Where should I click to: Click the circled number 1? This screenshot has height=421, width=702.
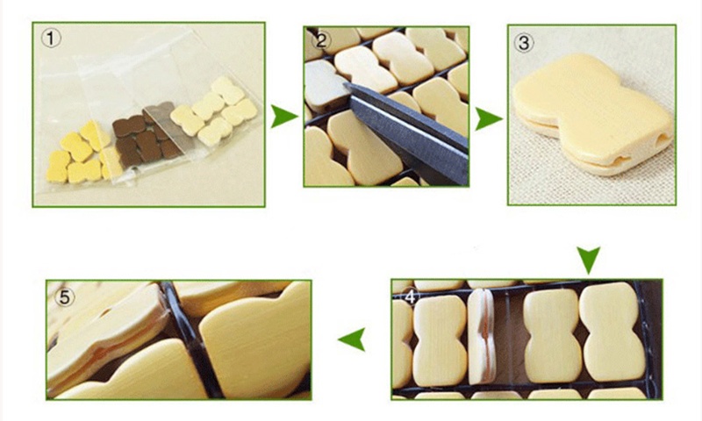(x=51, y=39)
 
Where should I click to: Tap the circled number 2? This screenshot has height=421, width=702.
(x=321, y=40)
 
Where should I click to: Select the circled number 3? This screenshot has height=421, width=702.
(x=524, y=42)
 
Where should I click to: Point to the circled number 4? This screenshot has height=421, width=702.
(x=411, y=296)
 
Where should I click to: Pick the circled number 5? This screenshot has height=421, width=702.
(x=64, y=297)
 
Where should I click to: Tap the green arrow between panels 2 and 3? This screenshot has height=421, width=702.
(x=488, y=118)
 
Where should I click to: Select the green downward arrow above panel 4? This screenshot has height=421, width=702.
(x=588, y=260)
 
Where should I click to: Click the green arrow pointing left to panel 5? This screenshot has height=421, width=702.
(x=353, y=339)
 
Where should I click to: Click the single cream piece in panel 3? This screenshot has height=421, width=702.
(x=591, y=114)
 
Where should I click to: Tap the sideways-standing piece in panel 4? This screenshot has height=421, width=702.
(x=481, y=336)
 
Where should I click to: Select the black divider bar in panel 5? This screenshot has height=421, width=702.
(x=193, y=340)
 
